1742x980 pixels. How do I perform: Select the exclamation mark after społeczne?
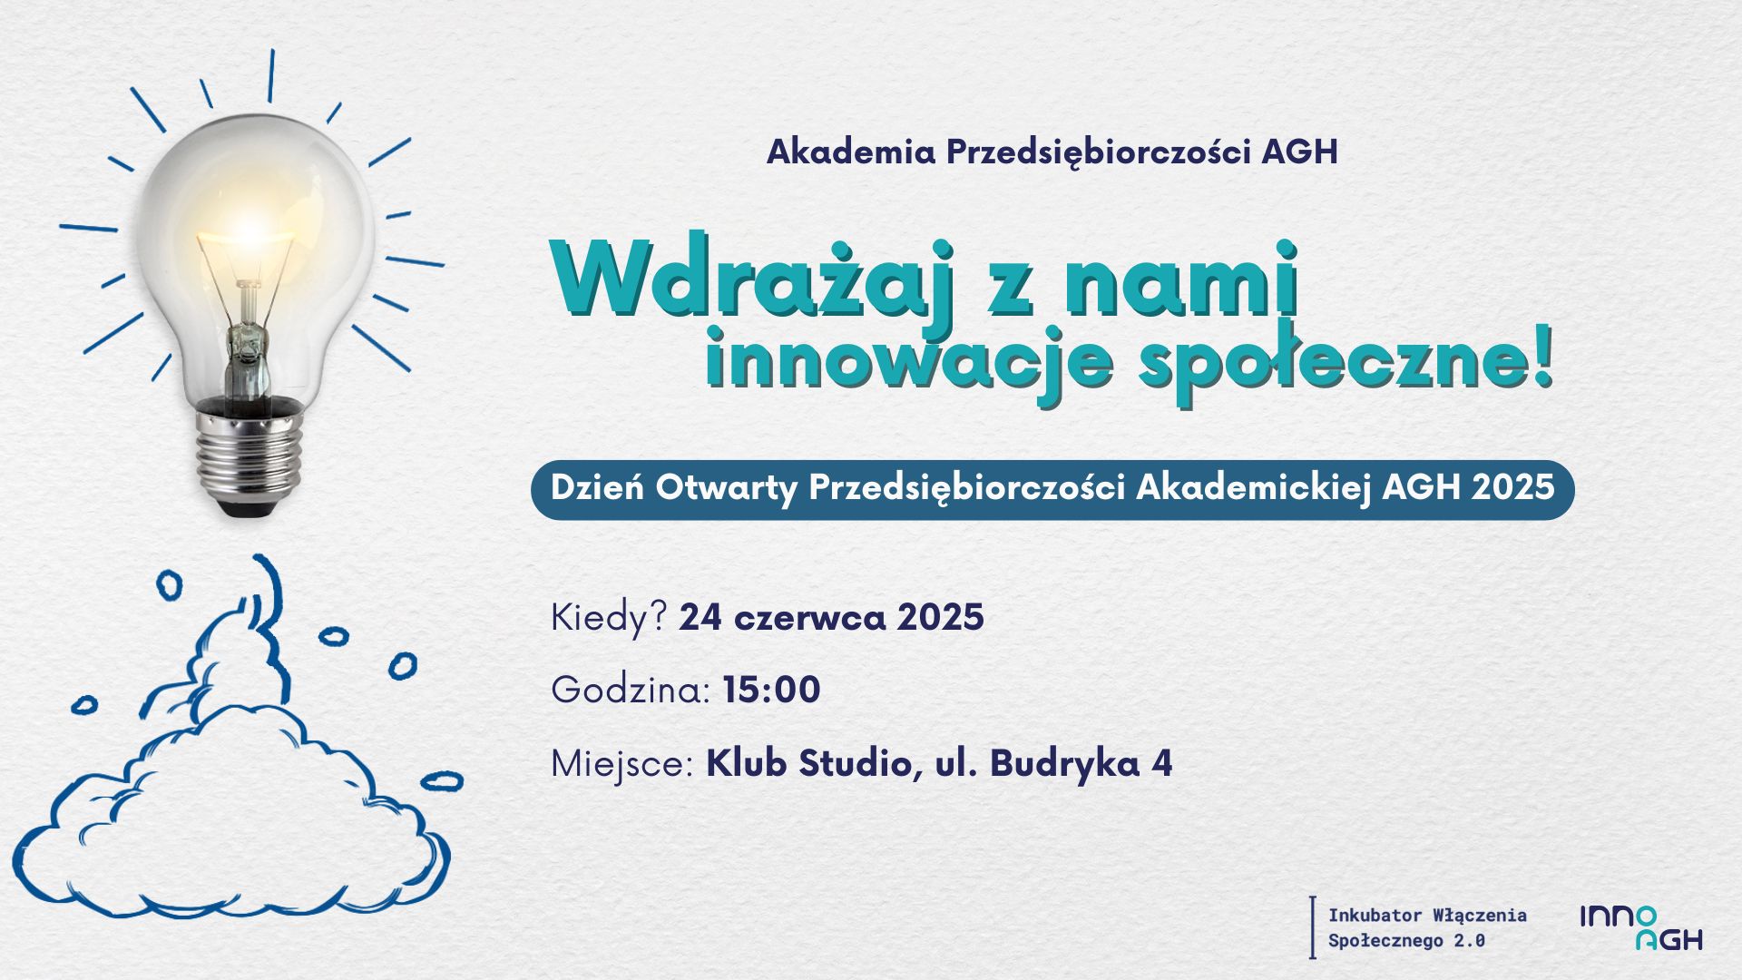click(x=1540, y=359)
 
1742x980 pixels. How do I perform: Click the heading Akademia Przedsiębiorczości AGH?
click(x=1052, y=152)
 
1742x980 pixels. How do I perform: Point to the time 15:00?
click(x=772, y=690)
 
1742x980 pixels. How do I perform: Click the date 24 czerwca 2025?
click(x=831, y=618)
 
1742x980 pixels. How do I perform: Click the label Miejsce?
click(x=622, y=764)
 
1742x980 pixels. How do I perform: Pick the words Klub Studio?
click(x=807, y=763)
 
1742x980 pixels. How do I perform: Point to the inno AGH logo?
click(x=1641, y=927)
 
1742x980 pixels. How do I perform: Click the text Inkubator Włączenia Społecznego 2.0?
click(x=1427, y=927)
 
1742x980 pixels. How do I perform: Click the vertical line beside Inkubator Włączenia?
click(x=1312, y=927)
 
